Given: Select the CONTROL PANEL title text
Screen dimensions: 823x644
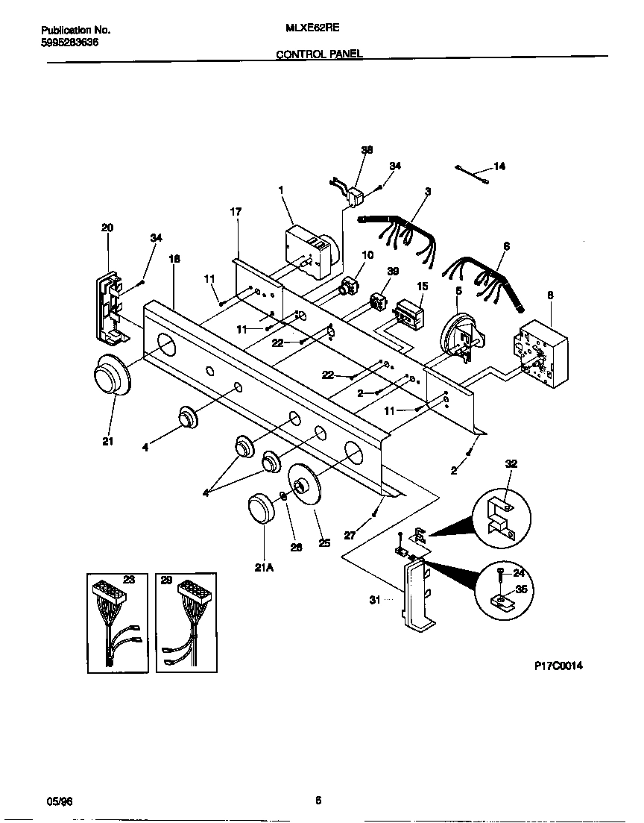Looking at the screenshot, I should click(319, 54).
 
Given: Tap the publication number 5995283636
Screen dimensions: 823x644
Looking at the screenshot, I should click(69, 43).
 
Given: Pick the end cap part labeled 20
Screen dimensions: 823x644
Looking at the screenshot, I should click(110, 307).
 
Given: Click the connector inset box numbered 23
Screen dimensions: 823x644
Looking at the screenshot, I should click(116, 622).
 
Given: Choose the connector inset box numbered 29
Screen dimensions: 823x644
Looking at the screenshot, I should click(186, 622).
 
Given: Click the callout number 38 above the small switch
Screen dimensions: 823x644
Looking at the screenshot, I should click(366, 149).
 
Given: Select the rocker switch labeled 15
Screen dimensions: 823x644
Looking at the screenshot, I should click(409, 313).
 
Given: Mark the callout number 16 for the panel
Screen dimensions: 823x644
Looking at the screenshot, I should click(174, 259).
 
